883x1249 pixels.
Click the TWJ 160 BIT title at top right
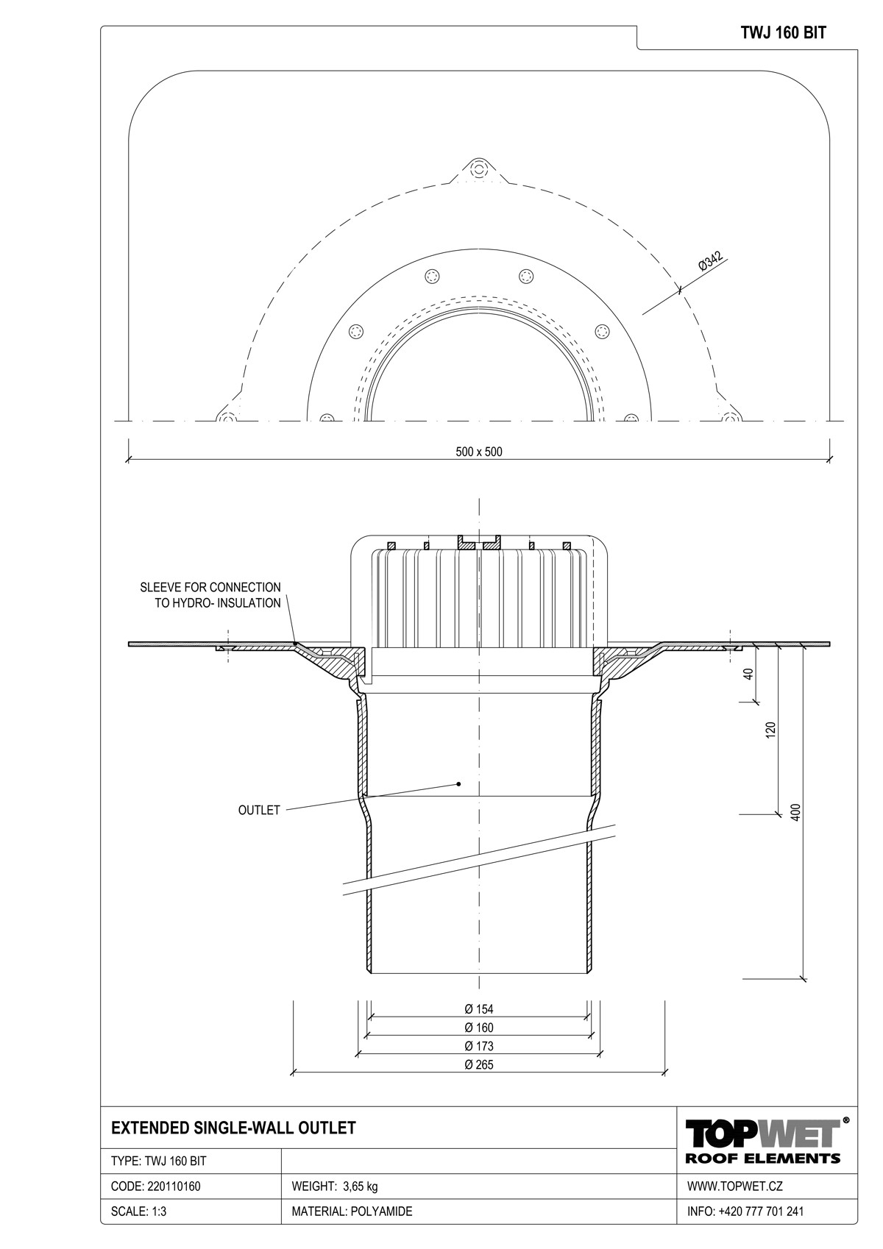(783, 33)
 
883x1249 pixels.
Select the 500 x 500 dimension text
(478, 452)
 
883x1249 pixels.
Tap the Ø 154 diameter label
(478, 1009)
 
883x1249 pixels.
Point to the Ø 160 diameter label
(478, 1028)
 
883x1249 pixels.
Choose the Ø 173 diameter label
(478, 1046)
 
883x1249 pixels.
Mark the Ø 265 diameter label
(478, 1064)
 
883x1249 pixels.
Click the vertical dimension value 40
(749, 673)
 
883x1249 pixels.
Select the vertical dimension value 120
(770, 730)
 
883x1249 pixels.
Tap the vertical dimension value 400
(794, 812)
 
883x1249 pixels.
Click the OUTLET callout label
(259, 811)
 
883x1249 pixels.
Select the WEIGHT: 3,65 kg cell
(335, 1186)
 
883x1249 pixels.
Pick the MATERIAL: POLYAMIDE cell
(352, 1211)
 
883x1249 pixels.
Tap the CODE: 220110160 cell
(155, 1186)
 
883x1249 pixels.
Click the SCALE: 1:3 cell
(138, 1211)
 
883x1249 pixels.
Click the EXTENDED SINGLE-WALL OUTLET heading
(233, 1128)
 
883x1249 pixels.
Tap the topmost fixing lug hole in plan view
(479, 169)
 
